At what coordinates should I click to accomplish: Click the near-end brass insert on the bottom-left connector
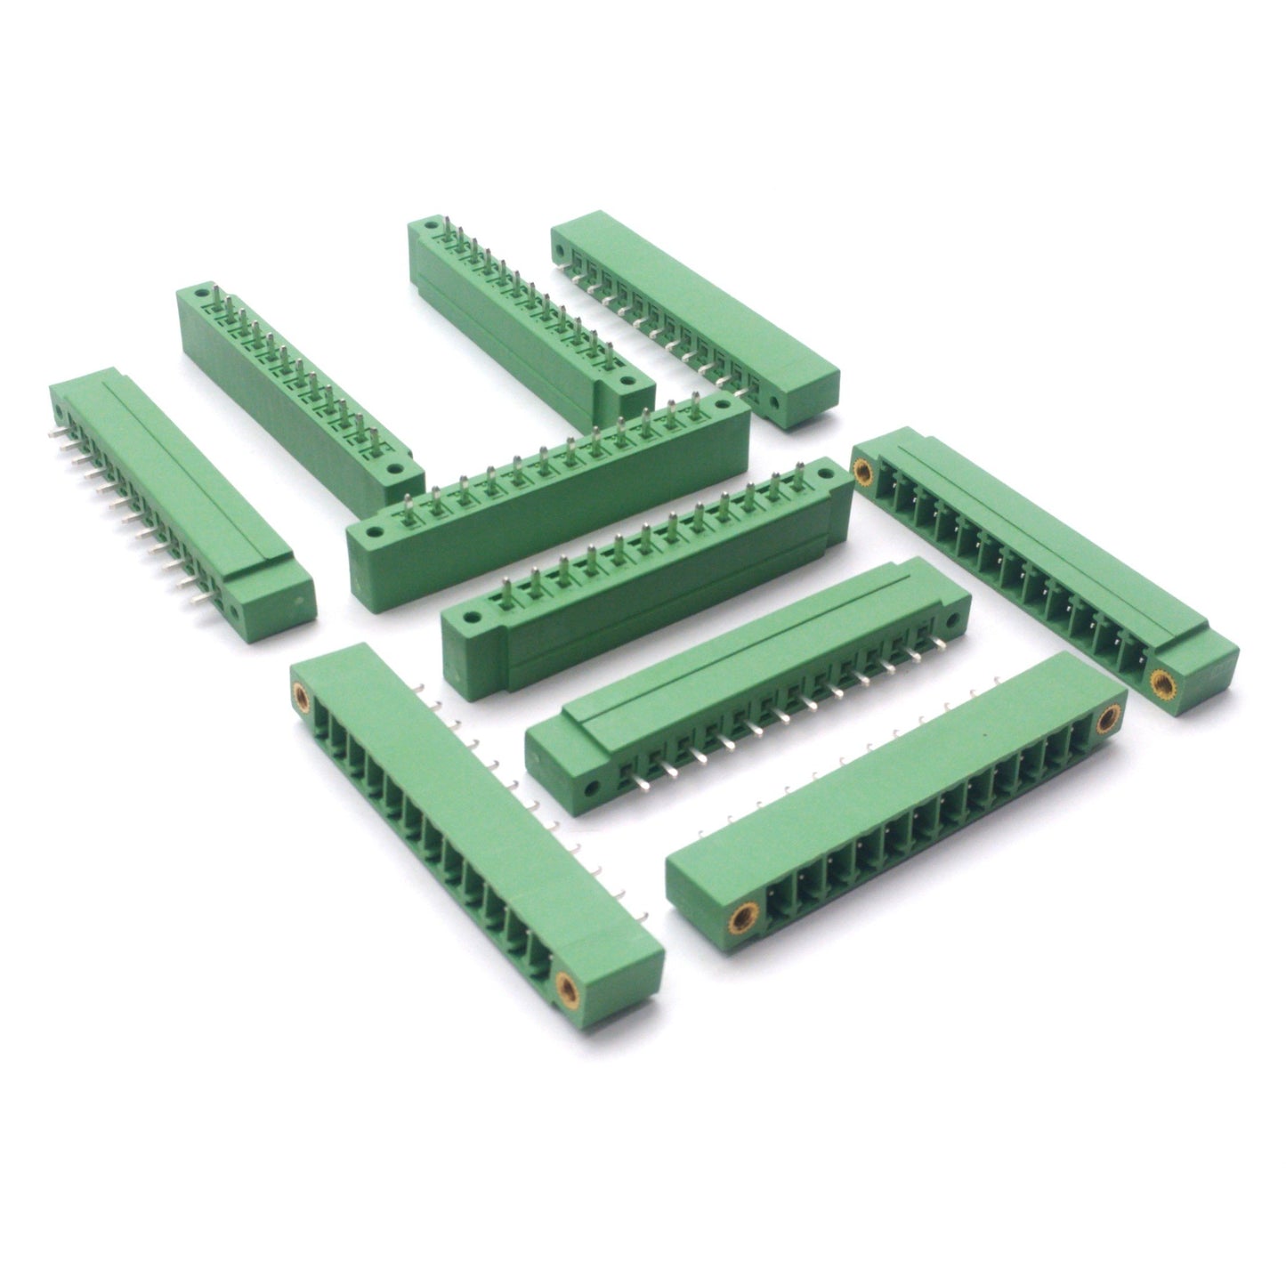pyautogui.click(x=566, y=983)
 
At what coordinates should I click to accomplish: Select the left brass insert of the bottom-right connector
pyautogui.click(x=739, y=918)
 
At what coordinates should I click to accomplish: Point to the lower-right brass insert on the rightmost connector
pyautogui.click(x=1161, y=683)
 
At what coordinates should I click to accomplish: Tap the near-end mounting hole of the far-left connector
pyautogui.click(x=235, y=612)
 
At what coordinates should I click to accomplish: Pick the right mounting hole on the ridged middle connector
pyautogui.click(x=951, y=618)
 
